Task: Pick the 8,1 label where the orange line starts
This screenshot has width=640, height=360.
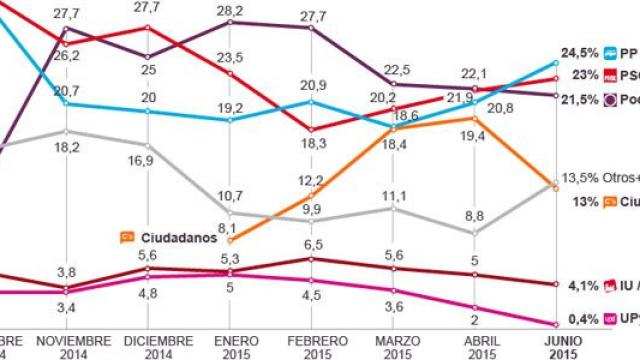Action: (227, 228)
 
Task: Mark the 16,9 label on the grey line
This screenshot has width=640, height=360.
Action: (148, 158)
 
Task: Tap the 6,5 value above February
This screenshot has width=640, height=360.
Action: (312, 243)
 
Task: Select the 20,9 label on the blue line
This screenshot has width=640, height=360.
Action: (312, 83)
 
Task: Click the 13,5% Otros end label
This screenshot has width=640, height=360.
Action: (600, 176)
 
